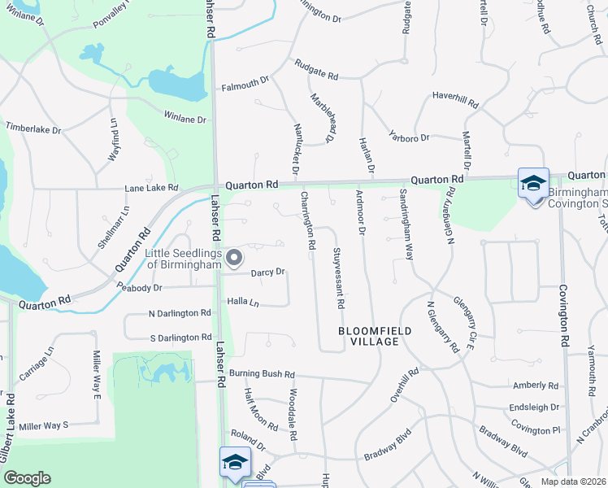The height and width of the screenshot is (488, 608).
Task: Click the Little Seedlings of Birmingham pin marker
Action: (235, 259)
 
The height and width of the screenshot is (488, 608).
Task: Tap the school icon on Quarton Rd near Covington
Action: (533, 183)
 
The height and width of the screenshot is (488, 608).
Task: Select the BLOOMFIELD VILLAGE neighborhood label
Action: (369, 336)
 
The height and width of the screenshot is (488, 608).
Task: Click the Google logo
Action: (27, 478)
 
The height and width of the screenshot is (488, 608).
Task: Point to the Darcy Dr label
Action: (267, 272)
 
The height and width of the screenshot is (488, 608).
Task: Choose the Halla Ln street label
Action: (242, 302)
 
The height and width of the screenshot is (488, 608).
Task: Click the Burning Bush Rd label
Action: (261, 374)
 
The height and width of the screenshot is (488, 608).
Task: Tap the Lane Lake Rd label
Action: (151, 188)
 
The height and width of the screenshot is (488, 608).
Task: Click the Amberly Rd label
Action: (536, 386)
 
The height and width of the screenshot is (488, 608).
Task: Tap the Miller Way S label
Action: (44, 425)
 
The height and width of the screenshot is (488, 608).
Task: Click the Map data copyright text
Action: (572, 481)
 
